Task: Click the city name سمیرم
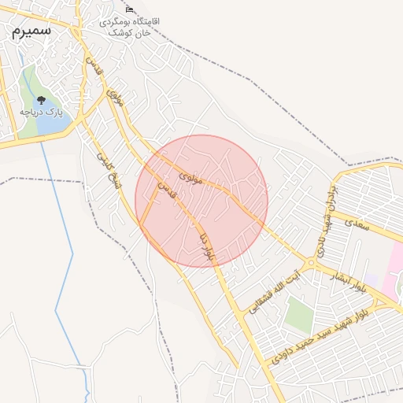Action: point(30,31)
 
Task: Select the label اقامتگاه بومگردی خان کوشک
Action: point(131,28)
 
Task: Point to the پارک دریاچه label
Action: point(41,113)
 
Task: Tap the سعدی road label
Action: point(356,223)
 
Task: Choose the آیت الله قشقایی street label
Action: point(275,292)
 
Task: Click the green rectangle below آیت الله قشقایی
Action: point(299,312)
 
